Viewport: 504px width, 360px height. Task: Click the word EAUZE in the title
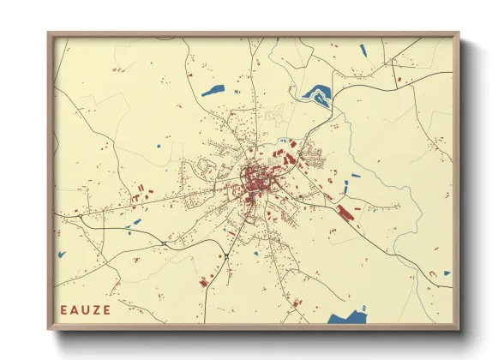tap(86, 309)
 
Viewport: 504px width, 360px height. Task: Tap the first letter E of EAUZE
tap(65, 309)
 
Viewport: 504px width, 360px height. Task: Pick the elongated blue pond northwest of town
tap(213, 88)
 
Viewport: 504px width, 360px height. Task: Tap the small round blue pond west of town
tap(159, 147)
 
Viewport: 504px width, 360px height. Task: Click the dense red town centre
tap(254, 181)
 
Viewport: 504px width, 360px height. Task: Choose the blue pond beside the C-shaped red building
tap(447, 273)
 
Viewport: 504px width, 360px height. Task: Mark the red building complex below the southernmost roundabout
tap(205, 280)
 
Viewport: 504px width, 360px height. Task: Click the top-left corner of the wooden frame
tap(49, 33)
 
